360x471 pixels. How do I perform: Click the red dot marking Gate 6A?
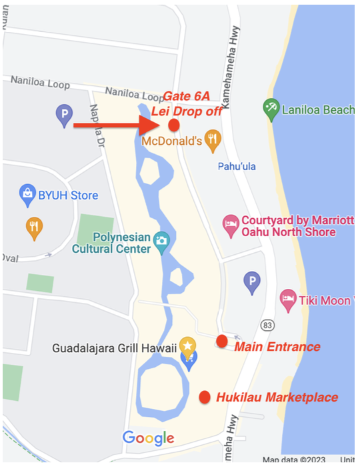[174, 125]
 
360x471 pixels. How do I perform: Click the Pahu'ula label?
[237, 166]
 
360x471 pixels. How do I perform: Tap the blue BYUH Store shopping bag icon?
[27, 194]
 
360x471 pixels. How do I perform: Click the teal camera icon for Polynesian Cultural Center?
[161, 242]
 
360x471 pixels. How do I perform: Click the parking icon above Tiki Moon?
[252, 282]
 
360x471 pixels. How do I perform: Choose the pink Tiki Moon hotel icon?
[288, 300]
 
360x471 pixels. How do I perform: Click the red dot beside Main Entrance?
[221, 342]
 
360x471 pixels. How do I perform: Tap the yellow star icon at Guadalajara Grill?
[188, 346]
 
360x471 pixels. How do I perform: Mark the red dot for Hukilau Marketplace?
[205, 397]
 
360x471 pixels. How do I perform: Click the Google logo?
[148, 438]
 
